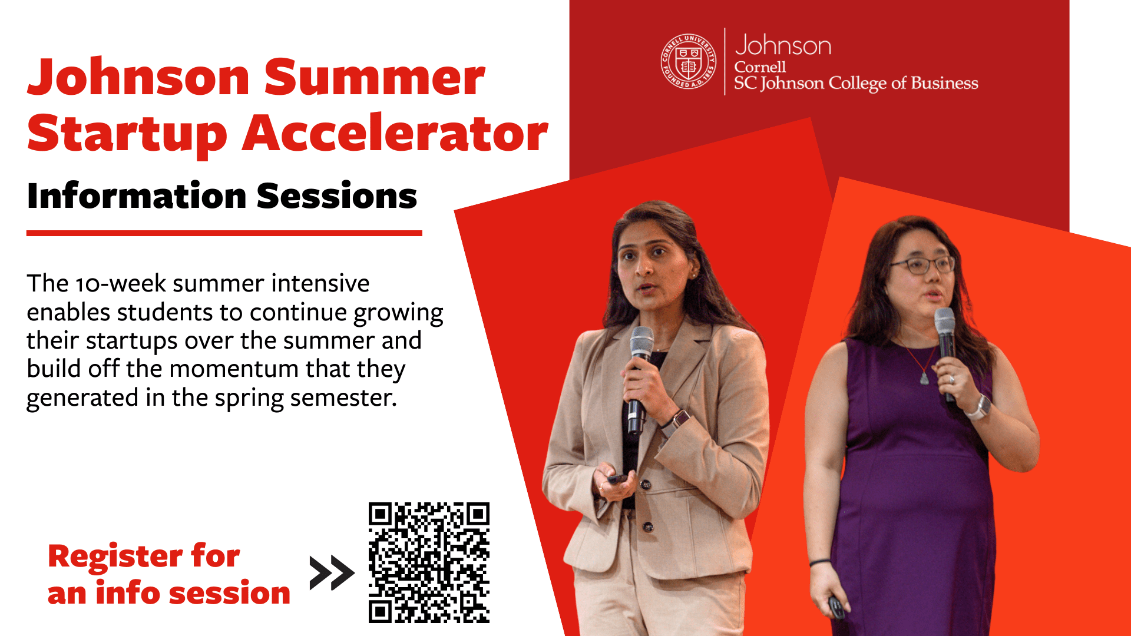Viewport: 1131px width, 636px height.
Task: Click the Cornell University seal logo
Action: click(688, 61)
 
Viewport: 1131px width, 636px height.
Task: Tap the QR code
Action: click(429, 562)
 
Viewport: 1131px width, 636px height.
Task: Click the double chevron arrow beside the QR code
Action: click(332, 572)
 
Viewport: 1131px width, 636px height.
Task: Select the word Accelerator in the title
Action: click(395, 134)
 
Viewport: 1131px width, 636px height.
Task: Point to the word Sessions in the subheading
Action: click(337, 196)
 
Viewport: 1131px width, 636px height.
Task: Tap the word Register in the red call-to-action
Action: click(115, 556)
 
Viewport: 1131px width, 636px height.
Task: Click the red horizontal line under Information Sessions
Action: click(224, 233)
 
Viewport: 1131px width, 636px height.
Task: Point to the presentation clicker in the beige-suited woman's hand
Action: click(617, 479)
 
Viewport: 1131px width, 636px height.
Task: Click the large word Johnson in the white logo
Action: click(783, 45)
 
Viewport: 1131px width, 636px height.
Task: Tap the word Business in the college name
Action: click(944, 84)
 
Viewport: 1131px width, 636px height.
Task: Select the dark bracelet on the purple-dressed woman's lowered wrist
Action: click(820, 562)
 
